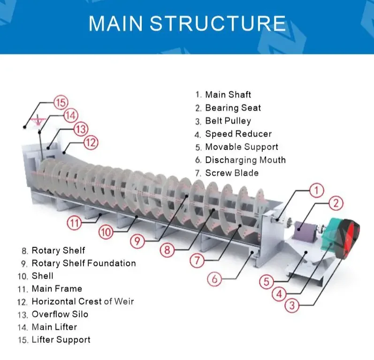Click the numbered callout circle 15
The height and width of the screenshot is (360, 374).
coord(61,102)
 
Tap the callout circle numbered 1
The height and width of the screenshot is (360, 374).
coord(317,190)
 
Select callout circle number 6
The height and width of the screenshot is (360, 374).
coord(214,280)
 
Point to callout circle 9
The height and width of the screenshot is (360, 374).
coord(137,241)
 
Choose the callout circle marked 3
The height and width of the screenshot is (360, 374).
coord(292,306)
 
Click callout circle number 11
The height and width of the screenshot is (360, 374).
coord(74,223)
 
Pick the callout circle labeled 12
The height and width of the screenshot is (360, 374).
coord(91,142)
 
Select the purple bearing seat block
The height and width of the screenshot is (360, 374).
coord(306,232)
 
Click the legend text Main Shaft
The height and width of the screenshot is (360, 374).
coord(228,95)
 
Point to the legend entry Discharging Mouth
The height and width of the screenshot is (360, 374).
coord(245,160)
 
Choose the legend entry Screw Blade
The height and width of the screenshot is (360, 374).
coord(232,173)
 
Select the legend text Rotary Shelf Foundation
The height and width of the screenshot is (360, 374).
coord(84,263)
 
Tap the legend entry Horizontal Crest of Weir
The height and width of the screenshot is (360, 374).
coord(83,301)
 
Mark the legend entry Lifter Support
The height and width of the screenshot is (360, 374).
coord(61,340)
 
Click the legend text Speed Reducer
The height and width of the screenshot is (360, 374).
coord(238,134)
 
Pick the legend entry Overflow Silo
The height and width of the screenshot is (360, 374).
coord(60,314)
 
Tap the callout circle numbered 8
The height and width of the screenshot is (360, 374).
coord(167,250)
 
